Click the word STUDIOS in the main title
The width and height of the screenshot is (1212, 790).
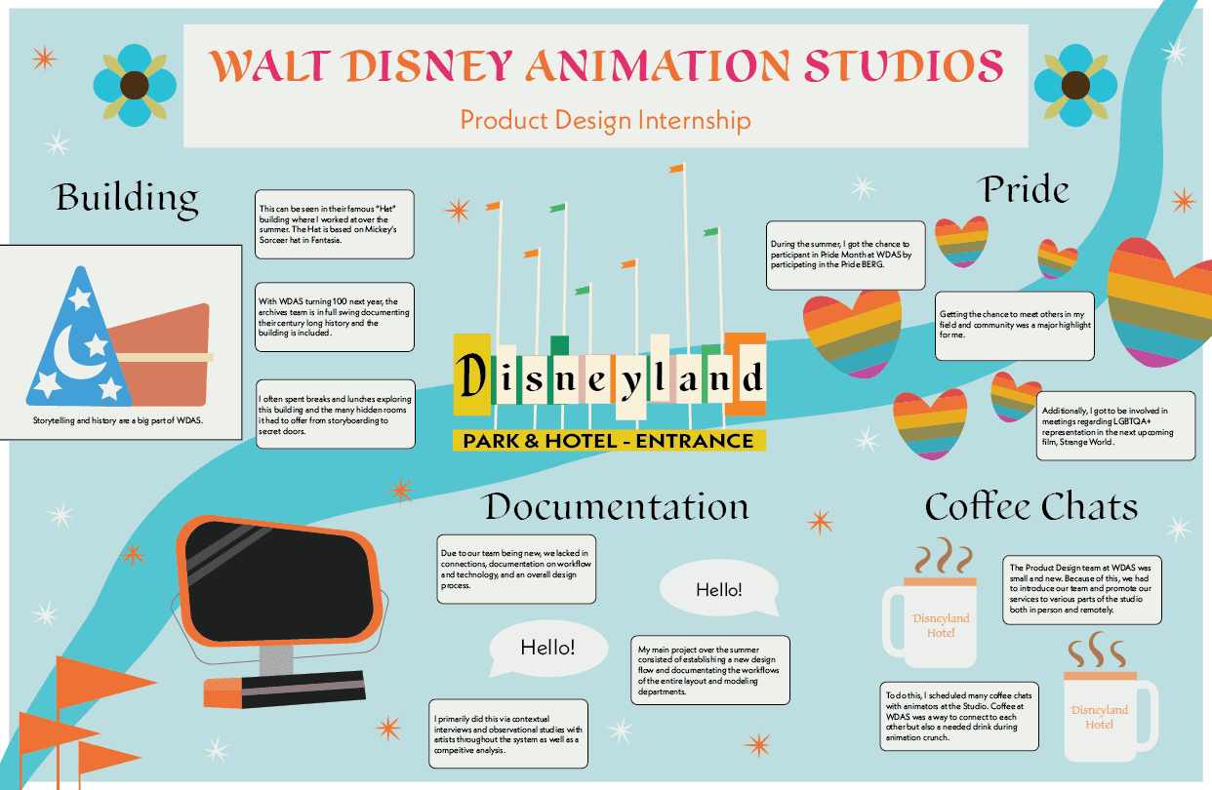click(904, 65)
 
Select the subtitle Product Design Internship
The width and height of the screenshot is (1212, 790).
click(605, 120)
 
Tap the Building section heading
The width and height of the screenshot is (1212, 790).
click(126, 198)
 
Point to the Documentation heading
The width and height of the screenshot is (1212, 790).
click(617, 507)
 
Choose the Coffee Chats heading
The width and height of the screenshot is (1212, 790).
click(1031, 506)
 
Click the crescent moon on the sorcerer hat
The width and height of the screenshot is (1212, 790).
click(76, 352)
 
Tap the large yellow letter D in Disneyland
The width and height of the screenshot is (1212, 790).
click(471, 375)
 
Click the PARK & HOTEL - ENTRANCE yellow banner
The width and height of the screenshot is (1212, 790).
click(609, 441)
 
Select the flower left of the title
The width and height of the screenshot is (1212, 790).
click(135, 86)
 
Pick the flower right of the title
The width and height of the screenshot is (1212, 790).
click(1075, 86)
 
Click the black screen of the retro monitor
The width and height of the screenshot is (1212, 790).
click(279, 582)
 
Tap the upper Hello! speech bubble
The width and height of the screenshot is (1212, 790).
click(719, 589)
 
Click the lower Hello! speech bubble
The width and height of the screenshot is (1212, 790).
click(548, 648)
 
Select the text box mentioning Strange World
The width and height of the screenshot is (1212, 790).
click(1115, 426)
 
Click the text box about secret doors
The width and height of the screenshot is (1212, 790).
click(336, 415)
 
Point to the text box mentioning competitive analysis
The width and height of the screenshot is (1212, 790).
click(508, 733)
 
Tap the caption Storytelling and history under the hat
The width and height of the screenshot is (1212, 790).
click(118, 420)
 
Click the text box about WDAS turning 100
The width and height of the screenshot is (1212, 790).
click(335, 317)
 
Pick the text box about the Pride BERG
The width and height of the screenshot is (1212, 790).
click(846, 256)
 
